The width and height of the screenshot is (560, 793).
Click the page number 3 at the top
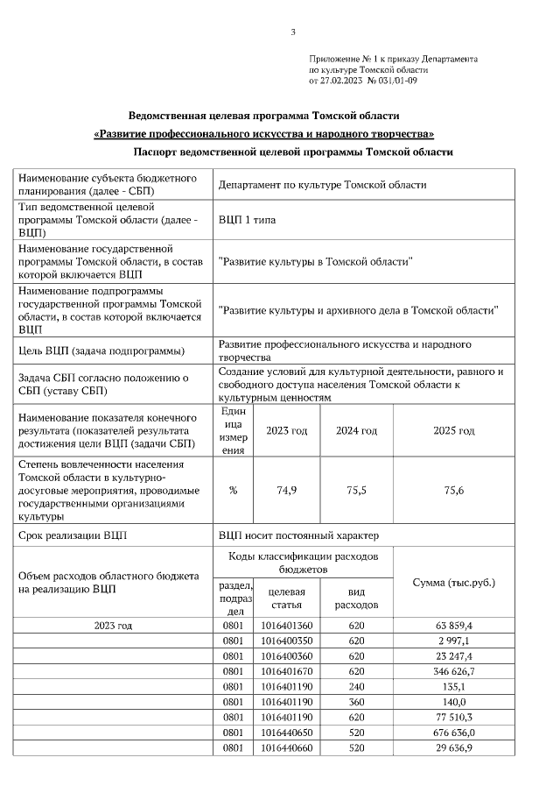[x=293, y=32]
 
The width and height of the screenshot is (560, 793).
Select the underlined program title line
[x=264, y=134]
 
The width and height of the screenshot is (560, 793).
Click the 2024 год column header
[x=356, y=431]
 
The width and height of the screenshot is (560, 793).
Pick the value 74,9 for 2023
[x=286, y=491]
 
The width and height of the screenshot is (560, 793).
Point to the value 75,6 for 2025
[x=453, y=491]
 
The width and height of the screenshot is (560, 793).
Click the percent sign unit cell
[x=233, y=491]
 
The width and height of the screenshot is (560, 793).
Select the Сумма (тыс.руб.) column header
[x=453, y=583]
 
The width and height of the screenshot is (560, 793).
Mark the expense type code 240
[x=356, y=686]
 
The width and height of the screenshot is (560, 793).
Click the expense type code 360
[x=356, y=702]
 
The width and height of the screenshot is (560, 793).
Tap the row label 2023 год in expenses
[x=113, y=626]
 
